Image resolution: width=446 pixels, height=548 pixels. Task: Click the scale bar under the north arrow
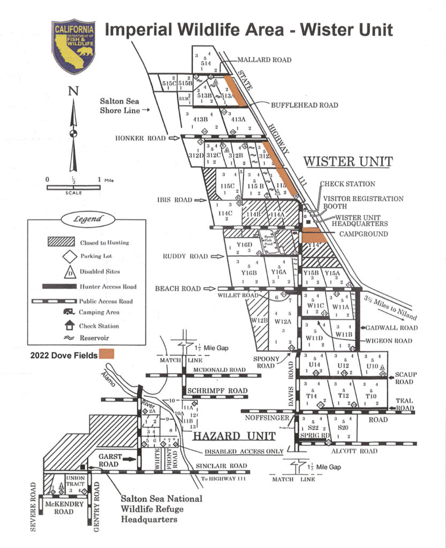[73, 187]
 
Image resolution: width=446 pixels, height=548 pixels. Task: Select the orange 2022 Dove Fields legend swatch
[107, 354]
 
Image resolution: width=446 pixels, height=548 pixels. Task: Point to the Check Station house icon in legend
[55, 325]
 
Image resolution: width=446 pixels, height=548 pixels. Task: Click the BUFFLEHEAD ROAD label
[305, 105]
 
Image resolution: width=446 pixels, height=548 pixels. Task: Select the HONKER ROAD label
[140, 138]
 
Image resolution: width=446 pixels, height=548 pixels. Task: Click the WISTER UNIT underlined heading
[348, 161]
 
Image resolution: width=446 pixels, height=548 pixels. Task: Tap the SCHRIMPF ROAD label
[218, 391]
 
